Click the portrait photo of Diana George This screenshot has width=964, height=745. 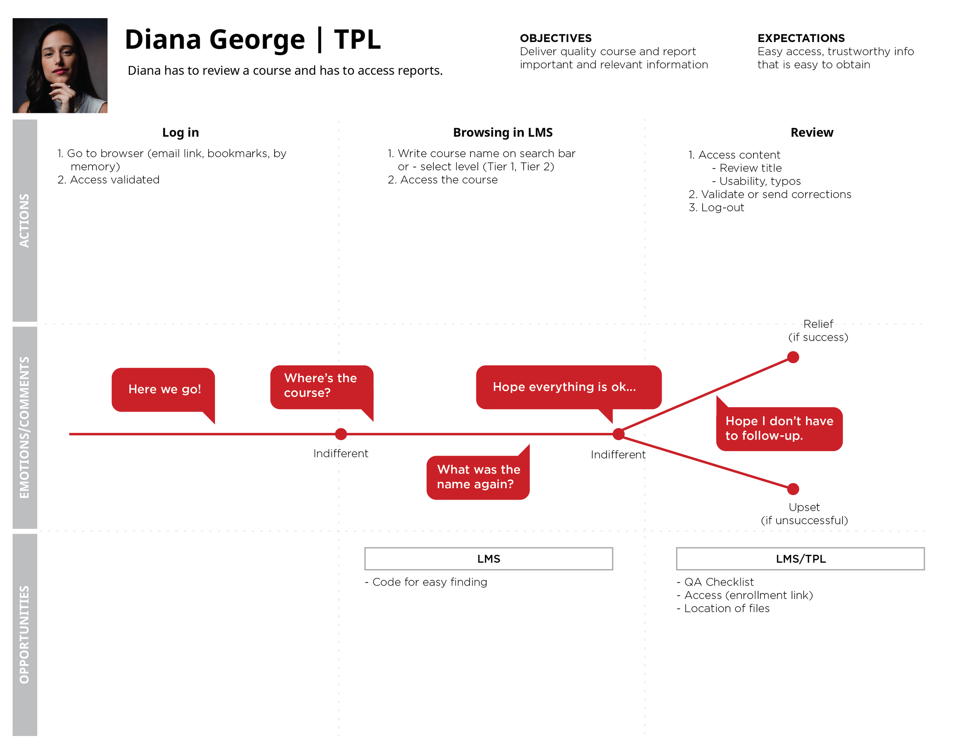[60, 65]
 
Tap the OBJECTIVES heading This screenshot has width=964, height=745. [555, 38]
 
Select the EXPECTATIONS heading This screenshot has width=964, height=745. [801, 38]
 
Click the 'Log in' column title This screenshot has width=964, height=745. [180, 132]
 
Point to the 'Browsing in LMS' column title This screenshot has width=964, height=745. [502, 132]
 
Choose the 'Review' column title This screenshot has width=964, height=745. [811, 132]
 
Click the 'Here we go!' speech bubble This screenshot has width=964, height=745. [163, 390]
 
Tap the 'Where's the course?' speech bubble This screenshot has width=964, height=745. [321, 386]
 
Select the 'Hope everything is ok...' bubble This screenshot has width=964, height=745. [568, 387]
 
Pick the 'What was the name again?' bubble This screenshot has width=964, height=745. [478, 477]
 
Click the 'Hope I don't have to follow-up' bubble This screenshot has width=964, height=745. [779, 428]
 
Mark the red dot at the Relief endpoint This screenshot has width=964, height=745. [793, 357]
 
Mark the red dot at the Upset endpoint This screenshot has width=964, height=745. [793, 488]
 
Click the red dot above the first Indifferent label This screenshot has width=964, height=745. [341, 434]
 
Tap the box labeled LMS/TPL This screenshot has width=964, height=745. [800, 559]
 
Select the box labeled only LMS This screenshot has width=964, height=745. [488, 559]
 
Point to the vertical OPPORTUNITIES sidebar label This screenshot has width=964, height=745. [25, 634]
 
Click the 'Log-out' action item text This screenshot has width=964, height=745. [722, 208]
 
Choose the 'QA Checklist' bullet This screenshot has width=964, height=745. [719, 582]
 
